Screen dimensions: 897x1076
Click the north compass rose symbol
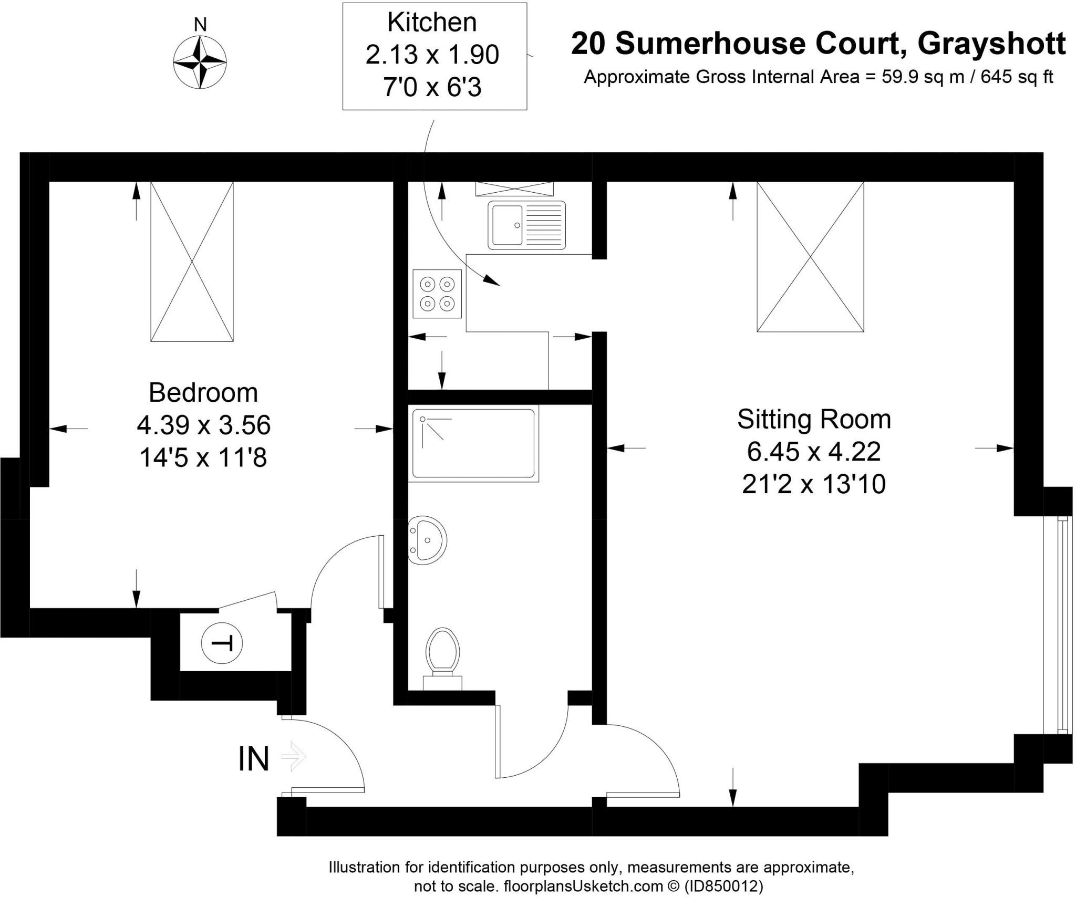(200, 62)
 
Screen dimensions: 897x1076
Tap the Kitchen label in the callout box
(432, 23)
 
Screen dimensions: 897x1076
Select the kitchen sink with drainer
(526, 225)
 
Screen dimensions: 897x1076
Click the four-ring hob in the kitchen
(437, 294)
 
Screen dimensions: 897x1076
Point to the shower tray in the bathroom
(473, 444)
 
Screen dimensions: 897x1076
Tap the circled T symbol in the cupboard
(222, 643)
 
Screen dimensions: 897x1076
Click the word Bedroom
(203, 393)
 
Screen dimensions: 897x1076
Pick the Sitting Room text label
(814, 419)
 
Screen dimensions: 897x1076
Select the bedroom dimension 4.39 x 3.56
(203, 425)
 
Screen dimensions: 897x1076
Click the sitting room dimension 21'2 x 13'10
(814, 484)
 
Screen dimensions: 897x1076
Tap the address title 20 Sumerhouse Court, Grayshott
(818, 43)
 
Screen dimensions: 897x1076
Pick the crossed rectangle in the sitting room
(810, 257)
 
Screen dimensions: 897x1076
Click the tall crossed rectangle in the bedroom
(192, 262)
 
